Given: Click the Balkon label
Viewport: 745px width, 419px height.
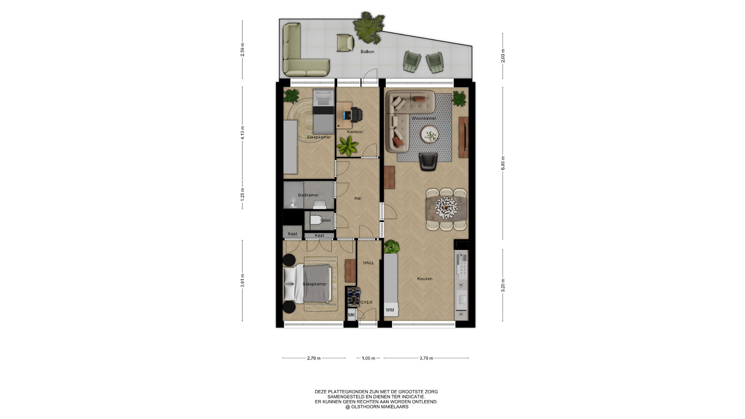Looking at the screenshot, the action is (367, 52).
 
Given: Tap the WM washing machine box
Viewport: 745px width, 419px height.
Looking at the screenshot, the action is (390, 310).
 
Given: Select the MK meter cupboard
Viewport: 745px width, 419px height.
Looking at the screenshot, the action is (352, 315).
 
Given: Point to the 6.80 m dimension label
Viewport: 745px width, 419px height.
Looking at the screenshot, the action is (503, 163).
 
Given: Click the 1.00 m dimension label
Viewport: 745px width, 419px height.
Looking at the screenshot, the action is (368, 358).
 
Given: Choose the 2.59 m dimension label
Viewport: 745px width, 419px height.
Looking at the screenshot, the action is (243, 50).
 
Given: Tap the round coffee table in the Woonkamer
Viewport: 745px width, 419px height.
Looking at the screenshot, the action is (430, 135).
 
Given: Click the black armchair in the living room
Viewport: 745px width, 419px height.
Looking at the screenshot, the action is (428, 161).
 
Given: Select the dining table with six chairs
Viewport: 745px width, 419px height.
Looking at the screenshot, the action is (446, 209).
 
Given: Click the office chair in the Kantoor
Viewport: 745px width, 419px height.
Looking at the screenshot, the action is (356, 114).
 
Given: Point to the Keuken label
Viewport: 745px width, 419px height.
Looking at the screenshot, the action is (425, 279).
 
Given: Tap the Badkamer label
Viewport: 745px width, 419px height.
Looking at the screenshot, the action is (308, 195).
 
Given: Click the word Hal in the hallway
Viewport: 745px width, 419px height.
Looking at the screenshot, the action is (358, 198).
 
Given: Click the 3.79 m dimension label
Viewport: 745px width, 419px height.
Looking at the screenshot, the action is (426, 358).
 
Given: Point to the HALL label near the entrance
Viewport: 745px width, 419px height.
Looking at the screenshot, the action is (369, 263).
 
